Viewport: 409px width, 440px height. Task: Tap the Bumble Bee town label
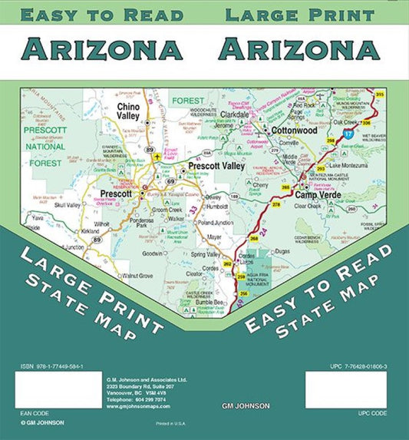coord(207,302)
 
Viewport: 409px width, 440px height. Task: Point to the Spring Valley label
coord(206,254)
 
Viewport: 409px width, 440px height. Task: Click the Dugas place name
coord(282,250)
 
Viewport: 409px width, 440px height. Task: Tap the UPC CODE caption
coord(372,413)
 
